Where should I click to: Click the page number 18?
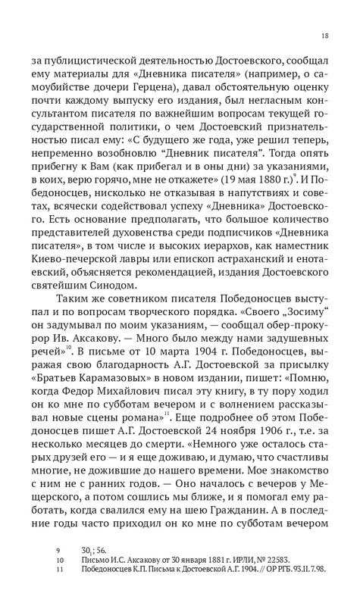(324, 36)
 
